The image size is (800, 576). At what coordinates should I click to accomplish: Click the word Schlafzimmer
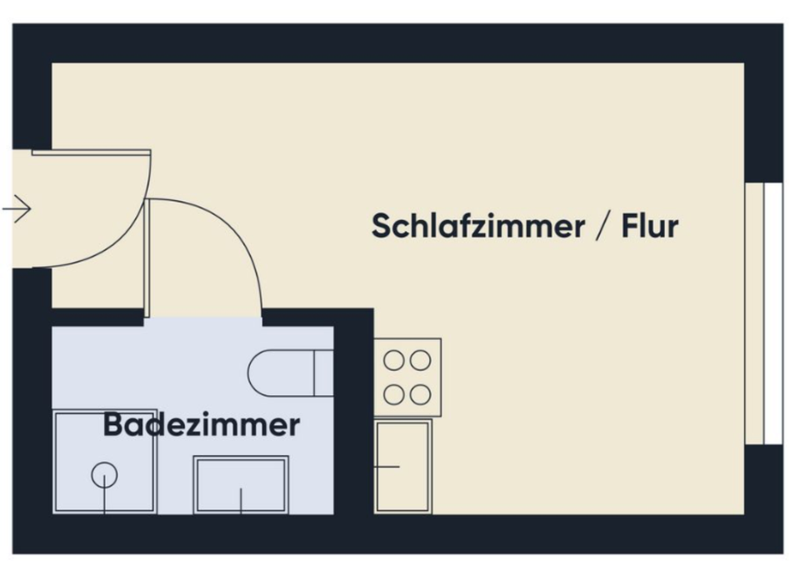477,226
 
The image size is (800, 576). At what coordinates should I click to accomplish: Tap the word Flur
650,226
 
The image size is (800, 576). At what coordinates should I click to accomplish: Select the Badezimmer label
201,425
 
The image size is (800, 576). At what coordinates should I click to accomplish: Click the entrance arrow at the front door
17,208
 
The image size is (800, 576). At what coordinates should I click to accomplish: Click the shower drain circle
104,475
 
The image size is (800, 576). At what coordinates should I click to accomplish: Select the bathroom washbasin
241,484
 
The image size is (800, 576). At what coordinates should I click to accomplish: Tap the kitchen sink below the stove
403,466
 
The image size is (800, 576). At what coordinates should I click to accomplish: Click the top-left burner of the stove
393,360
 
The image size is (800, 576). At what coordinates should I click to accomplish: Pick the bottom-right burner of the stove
421,394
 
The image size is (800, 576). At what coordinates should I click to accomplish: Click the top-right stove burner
421,360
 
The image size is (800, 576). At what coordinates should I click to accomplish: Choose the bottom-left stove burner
393,394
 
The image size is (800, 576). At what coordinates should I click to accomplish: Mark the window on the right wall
764,313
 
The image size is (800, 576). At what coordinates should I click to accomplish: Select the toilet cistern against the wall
323,373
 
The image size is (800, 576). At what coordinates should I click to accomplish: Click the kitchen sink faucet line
387,467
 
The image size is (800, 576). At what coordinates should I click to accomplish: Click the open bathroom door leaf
147,258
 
